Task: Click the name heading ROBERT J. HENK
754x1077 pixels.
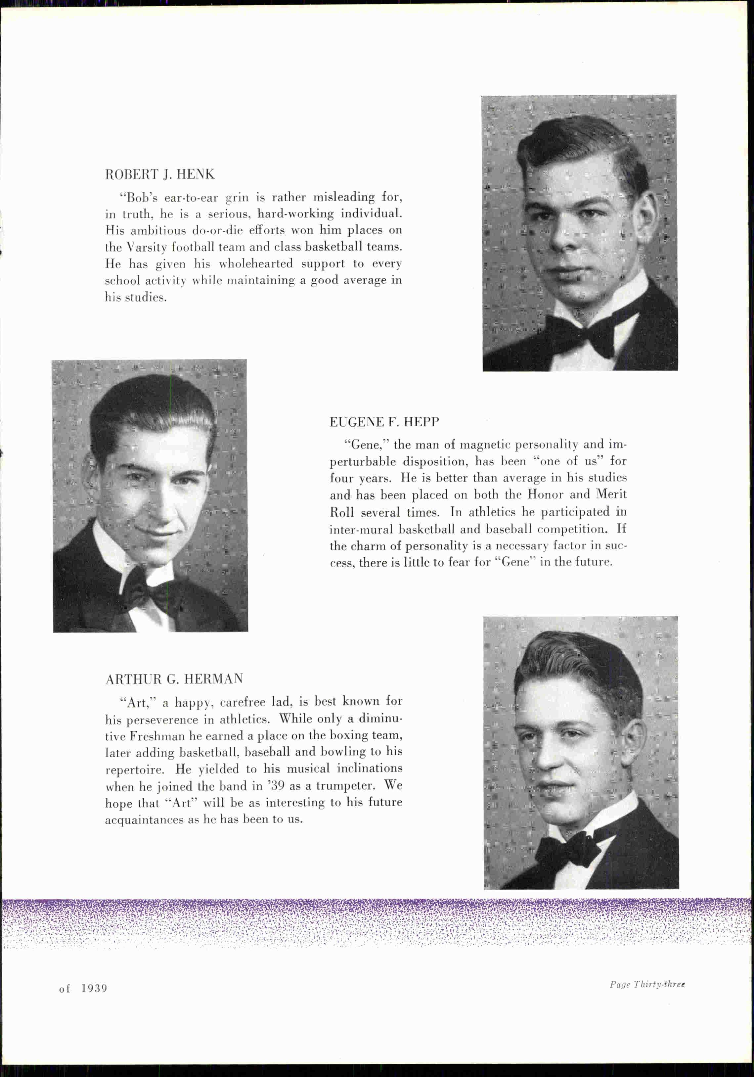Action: click(x=159, y=174)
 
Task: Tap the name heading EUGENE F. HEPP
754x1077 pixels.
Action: click(x=384, y=422)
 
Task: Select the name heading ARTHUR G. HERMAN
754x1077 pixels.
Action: click(x=174, y=679)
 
